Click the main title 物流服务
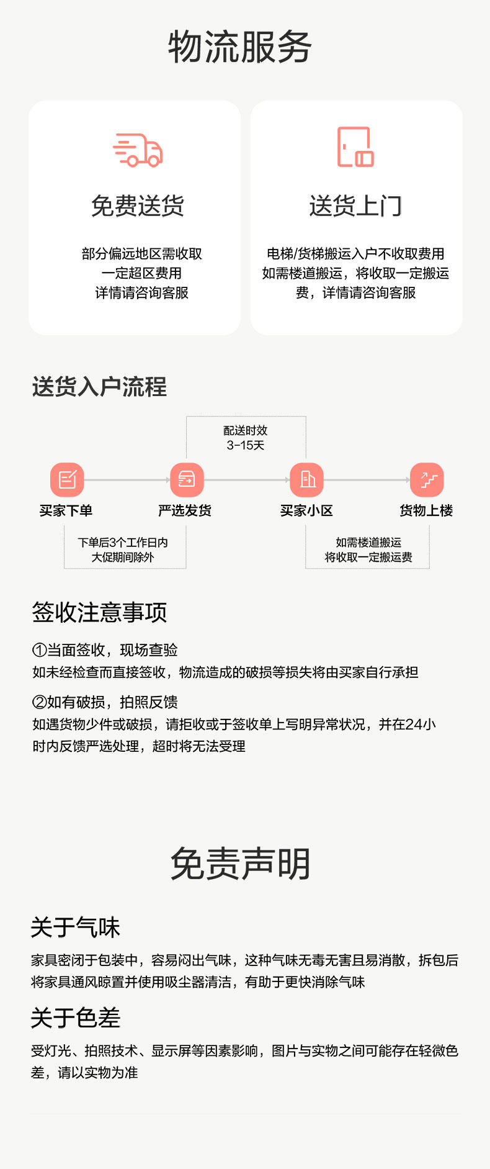click(x=239, y=47)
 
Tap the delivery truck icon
click(x=138, y=150)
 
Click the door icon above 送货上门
click(x=355, y=147)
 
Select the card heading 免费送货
click(x=138, y=206)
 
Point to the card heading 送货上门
click(x=355, y=206)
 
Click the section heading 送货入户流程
click(x=99, y=387)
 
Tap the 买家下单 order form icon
click(x=67, y=479)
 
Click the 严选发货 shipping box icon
click(x=187, y=479)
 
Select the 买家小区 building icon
click(x=307, y=479)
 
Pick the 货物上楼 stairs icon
click(x=427, y=479)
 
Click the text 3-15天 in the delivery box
click(x=246, y=445)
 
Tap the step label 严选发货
click(x=185, y=510)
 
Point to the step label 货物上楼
click(x=426, y=510)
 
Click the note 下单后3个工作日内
click(x=123, y=542)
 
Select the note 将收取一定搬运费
click(x=368, y=557)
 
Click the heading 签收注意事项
click(x=99, y=612)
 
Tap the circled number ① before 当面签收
click(x=39, y=650)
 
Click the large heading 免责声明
click(x=240, y=864)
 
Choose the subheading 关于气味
click(x=75, y=928)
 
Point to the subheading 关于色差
click(x=75, y=1018)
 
